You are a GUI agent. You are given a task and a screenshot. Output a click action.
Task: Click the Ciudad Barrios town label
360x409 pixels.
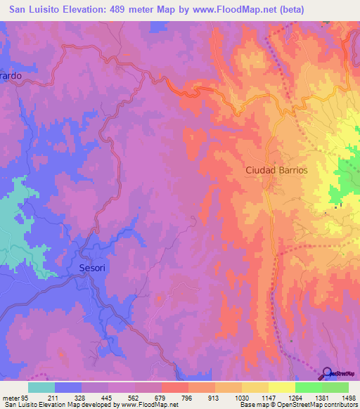pos(276,170)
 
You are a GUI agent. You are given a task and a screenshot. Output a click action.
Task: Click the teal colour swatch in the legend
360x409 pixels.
pos(41,387)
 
